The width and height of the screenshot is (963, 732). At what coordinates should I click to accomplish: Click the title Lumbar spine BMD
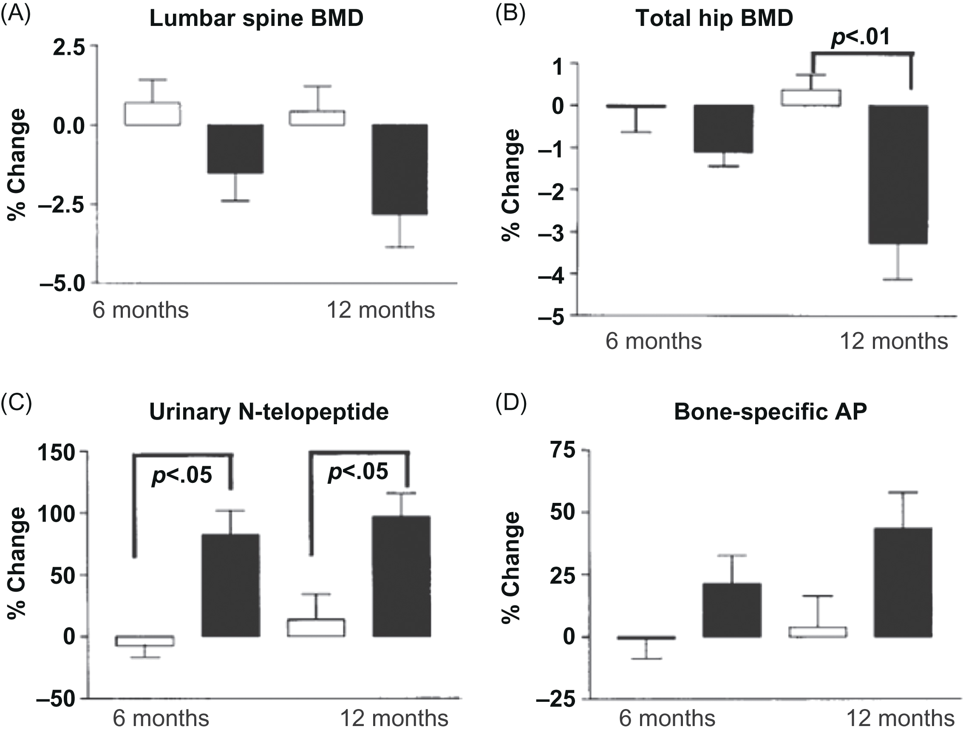pyautogui.click(x=256, y=19)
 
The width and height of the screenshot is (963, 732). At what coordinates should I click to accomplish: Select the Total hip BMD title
pyautogui.click(x=714, y=18)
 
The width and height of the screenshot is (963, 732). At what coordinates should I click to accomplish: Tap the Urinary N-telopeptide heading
pyautogui.click(x=269, y=411)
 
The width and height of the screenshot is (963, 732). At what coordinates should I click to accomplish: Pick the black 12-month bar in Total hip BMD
pyautogui.click(x=898, y=174)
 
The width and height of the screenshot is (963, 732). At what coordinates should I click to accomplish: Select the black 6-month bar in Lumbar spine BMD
pyautogui.click(x=235, y=149)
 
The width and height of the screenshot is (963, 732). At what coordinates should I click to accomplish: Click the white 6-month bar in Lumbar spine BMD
pyautogui.click(x=153, y=114)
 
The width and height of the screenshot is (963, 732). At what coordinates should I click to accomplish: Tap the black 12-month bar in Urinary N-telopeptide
pyautogui.click(x=401, y=576)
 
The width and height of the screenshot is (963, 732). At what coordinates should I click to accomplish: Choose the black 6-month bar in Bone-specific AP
pyautogui.click(x=732, y=610)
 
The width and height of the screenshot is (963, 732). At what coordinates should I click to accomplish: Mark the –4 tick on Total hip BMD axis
pyautogui.click(x=551, y=274)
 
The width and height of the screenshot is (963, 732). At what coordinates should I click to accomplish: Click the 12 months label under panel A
pyautogui.click(x=380, y=310)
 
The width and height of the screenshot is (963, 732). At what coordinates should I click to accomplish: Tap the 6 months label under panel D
pyautogui.click(x=667, y=718)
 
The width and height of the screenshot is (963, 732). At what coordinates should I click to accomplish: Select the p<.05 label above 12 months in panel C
pyautogui.click(x=357, y=471)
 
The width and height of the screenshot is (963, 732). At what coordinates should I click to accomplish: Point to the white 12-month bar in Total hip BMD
pyautogui.click(x=811, y=98)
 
